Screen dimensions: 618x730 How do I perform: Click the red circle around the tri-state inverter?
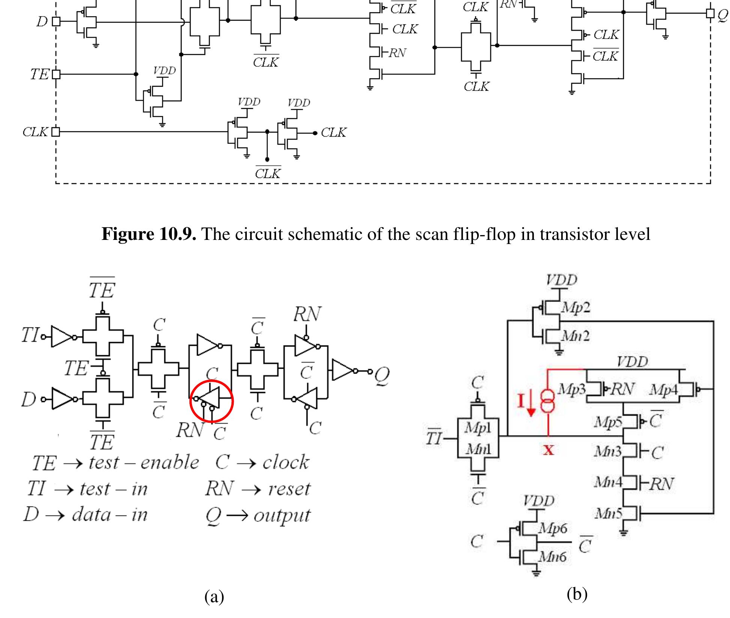tap(212, 401)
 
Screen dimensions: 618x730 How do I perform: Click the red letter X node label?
tap(548, 449)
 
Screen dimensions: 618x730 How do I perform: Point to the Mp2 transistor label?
tap(575, 307)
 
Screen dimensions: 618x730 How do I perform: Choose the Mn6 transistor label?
tap(552, 557)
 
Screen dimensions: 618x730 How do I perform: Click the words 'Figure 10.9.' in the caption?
tap(149, 234)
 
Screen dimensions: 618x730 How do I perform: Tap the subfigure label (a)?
tap(214, 596)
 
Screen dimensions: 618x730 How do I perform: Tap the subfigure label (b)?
tap(577, 594)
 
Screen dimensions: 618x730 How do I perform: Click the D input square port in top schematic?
tap(56, 21)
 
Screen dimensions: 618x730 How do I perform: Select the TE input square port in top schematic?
tap(56, 74)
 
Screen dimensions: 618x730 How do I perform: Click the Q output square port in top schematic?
tap(710, 14)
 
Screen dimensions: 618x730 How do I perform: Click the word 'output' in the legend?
tap(282, 515)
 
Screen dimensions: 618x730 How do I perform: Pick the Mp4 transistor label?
tap(664, 390)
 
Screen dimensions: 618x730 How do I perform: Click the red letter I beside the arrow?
tap(520, 401)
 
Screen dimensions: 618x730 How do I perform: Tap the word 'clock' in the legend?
tap(286, 462)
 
